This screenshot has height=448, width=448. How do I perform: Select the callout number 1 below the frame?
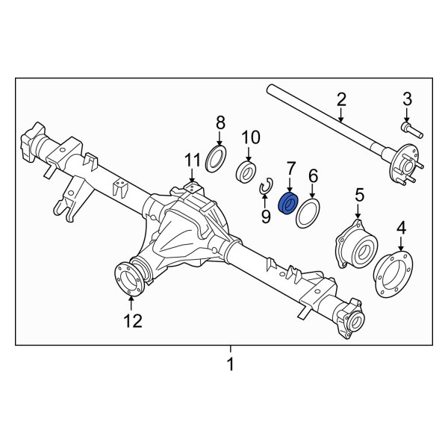tap(231, 365)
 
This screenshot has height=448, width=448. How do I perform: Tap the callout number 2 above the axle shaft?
tap(341, 99)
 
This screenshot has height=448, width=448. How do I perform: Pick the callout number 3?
tap(407, 100)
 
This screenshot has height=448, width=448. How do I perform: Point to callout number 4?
tap(401, 227)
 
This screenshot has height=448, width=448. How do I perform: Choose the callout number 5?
tap(359, 196)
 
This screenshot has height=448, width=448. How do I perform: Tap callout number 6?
tap(313, 175)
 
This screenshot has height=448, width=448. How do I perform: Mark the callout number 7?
tap(289, 169)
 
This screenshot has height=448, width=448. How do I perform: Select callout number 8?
tap(220, 122)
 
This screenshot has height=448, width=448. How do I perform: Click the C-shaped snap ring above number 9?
tap(265, 189)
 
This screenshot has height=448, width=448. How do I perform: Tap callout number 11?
tap(193, 160)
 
